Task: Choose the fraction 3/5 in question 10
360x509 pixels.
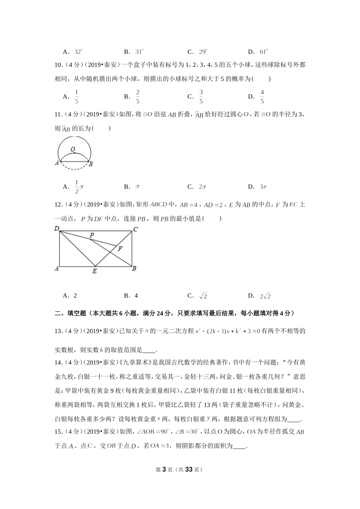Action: (x=201, y=97)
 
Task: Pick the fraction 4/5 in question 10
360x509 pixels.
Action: (x=262, y=97)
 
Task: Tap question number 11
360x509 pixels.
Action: (x=58, y=115)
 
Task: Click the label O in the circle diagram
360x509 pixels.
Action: (x=72, y=149)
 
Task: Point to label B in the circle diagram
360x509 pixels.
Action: (x=91, y=164)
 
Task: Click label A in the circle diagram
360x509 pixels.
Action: (x=57, y=163)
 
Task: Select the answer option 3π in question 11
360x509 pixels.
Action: (x=263, y=187)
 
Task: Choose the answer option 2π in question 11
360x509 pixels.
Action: (x=202, y=187)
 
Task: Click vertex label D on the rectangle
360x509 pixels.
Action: (x=56, y=228)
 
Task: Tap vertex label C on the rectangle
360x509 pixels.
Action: (x=135, y=229)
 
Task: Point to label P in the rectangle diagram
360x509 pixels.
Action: (x=91, y=235)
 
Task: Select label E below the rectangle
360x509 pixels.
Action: (x=94, y=271)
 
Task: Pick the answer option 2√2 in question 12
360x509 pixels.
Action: (x=265, y=296)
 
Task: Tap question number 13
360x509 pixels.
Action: (x=58, y=331)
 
